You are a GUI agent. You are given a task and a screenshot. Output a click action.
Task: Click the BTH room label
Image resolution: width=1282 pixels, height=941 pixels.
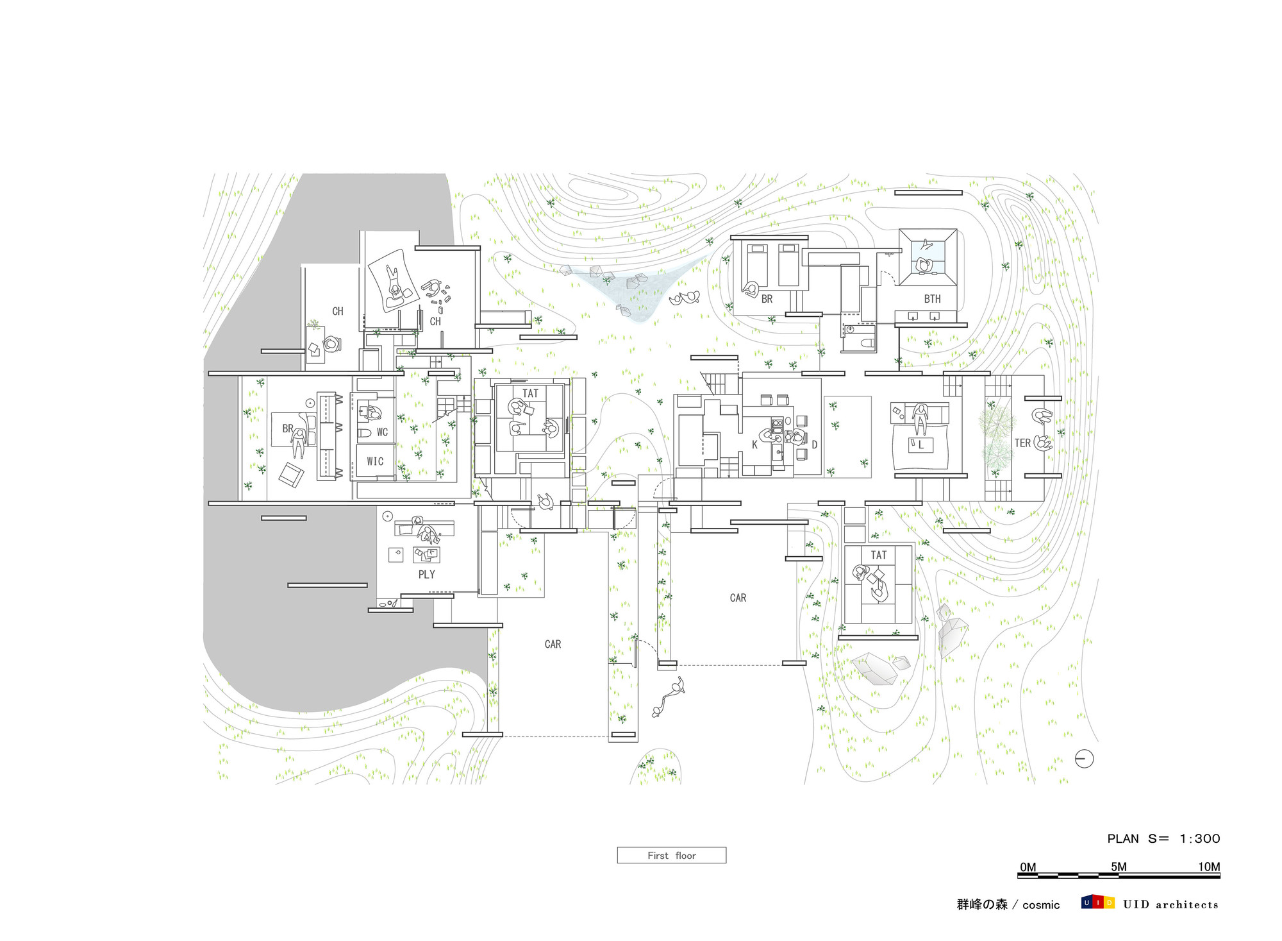(x=932, y=299)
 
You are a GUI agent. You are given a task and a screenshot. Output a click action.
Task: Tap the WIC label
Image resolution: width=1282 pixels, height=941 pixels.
(x=375, y=461)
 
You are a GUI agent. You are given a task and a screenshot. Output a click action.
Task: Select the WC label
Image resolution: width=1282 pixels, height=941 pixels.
(x=382, y=432)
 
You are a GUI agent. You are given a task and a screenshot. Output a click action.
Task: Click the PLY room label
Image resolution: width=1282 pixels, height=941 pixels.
(x=426, y=575)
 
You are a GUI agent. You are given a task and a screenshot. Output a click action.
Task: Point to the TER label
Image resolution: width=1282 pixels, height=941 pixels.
(x=1022, y=443)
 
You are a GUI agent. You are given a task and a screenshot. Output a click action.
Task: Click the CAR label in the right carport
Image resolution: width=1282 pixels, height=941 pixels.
(x=738, y=598)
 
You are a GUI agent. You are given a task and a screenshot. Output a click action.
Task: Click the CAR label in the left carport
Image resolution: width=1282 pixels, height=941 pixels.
(x=553, y=644)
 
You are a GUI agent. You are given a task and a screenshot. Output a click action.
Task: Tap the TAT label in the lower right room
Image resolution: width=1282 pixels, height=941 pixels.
(x=878, y=555)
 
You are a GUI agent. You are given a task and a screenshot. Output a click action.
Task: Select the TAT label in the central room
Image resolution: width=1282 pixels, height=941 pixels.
(x=530, y=393)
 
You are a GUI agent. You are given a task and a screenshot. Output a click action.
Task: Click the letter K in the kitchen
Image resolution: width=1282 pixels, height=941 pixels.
(x=754, y=445)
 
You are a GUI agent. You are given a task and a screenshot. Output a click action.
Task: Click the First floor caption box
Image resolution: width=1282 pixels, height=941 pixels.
(x=671, y=855)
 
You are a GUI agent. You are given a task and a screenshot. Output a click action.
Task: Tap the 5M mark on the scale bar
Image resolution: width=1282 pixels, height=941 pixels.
(x=1119, y=867)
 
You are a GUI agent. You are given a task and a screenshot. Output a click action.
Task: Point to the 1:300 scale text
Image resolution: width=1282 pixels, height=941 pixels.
(x=1199, y=838)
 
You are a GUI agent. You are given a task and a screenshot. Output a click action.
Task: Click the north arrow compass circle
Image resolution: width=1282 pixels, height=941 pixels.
(x=1084, y=759)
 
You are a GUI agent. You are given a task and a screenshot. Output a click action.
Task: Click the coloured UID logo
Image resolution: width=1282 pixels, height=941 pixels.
(x=1097, y=903)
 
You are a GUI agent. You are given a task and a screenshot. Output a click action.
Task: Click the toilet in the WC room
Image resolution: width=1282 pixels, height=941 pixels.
(x=363, y=434)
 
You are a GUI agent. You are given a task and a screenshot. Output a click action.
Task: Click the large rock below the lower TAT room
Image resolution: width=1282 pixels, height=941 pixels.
(x=875, y=668)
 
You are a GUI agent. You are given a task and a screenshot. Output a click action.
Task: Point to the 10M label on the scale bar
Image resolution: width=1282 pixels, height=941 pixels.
(x=1209, y=867)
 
